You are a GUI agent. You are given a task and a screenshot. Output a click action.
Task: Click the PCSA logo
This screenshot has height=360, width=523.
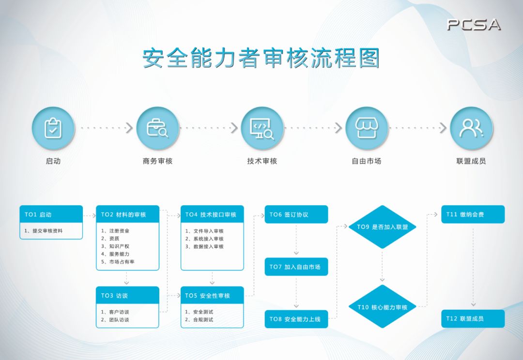[474, 25]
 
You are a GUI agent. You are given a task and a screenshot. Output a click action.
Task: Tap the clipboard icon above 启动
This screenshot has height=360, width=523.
[53, 128]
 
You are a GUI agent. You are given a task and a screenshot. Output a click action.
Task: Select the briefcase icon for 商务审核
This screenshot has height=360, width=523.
[158, 128]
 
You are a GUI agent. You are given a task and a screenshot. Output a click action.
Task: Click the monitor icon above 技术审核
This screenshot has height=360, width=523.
[262, 128]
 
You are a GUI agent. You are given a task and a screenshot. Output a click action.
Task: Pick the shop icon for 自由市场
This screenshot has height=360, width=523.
[367, 128]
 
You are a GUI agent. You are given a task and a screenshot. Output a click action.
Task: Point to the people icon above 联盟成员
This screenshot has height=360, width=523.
[471, 128]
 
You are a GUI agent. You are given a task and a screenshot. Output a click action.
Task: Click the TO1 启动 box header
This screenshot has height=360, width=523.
[51, 214]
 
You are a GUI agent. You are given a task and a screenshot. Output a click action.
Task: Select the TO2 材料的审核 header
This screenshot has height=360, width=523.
[127, 214]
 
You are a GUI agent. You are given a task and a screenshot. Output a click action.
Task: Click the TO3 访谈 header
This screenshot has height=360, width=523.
[127, 295]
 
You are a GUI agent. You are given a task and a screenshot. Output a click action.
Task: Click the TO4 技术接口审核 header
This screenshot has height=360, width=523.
[212, 214]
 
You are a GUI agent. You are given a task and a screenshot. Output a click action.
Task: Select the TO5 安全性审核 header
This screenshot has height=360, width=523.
[212, 295]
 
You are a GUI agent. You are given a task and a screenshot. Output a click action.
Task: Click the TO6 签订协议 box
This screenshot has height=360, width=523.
[296, 214]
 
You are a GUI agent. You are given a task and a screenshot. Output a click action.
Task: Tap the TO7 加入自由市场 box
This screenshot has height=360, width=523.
[296, 267]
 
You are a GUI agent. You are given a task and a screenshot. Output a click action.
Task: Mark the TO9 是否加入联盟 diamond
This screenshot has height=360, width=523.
[383, 226]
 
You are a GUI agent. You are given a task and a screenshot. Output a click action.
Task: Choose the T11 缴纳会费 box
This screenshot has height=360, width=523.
[473, 214]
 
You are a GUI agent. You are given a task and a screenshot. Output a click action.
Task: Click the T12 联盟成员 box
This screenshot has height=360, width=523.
[473, 318]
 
